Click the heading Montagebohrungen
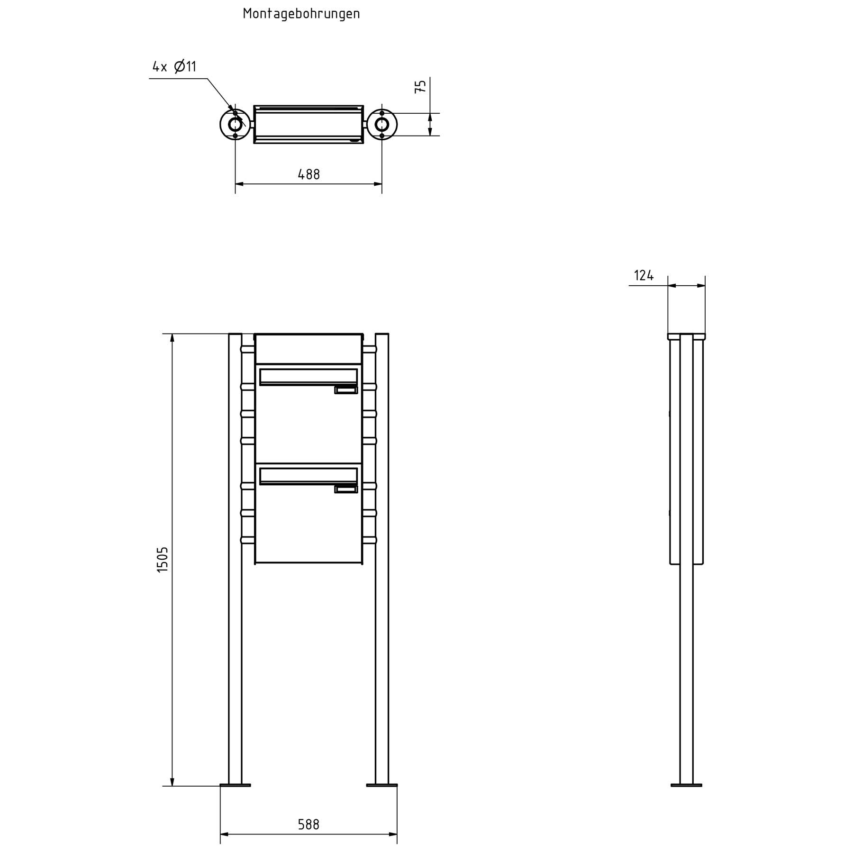301,14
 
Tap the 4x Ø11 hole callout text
174,67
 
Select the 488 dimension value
309,175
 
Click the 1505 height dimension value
163,559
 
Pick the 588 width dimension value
309,825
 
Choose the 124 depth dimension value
644,275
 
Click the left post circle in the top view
235,125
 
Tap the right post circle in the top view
382,125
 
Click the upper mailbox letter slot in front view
309,377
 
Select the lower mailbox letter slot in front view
309,476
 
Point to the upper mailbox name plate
346,390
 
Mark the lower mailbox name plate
346,489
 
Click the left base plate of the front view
235,785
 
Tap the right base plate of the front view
382,785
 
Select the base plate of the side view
686,785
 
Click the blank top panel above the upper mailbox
309,349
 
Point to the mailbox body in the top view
309,125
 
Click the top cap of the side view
686,336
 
